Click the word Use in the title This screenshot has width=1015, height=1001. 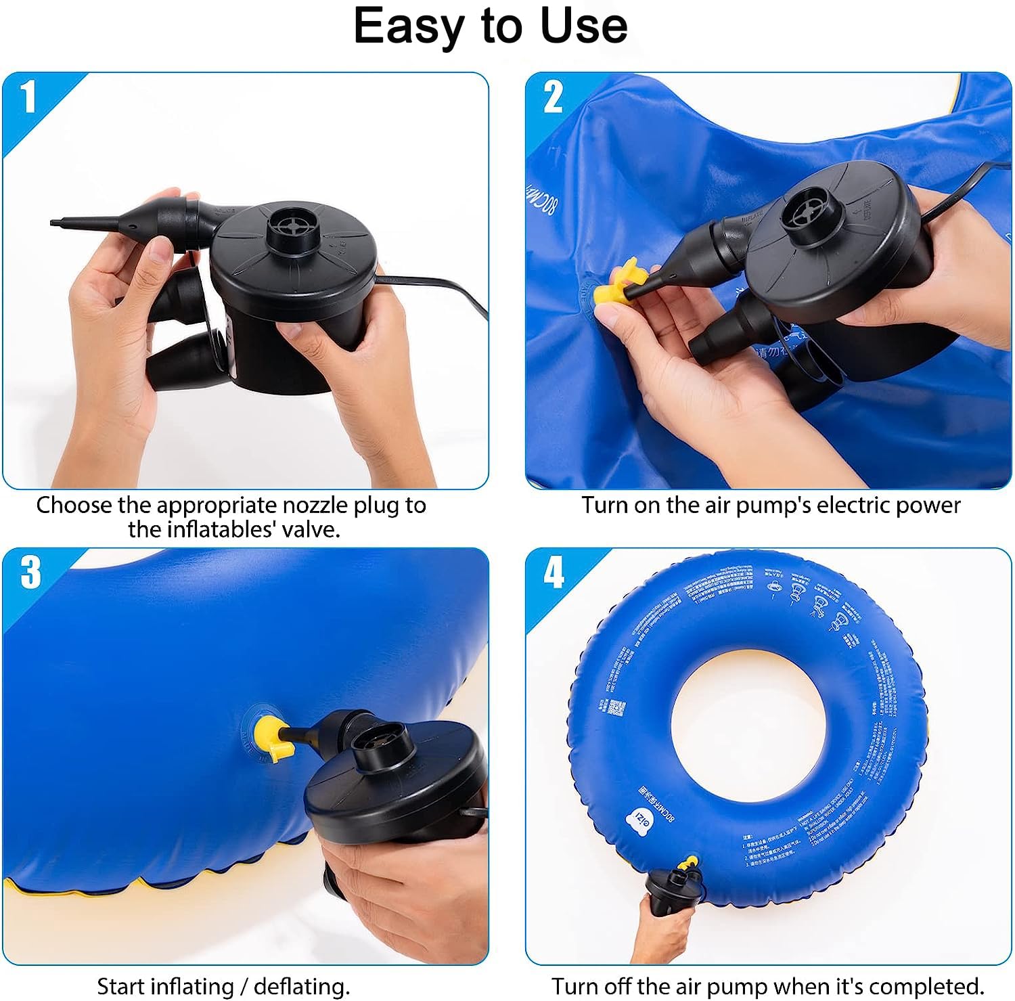pyautogui.click(x=583, y=26)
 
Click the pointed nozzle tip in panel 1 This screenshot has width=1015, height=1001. pyautogui.click(x=61, y=222)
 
